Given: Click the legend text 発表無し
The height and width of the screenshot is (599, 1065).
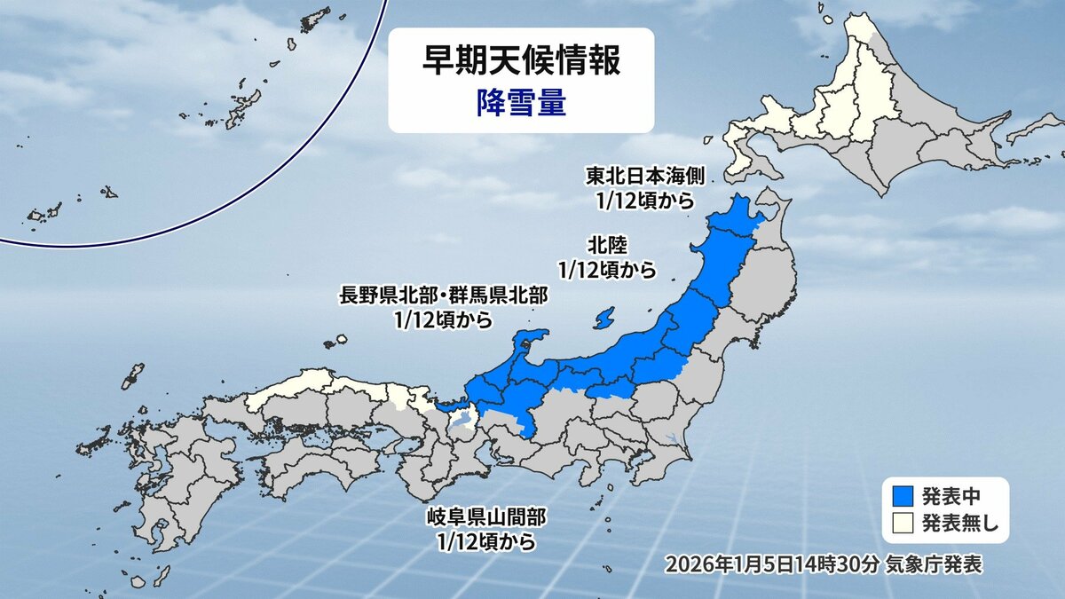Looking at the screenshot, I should [959, 523].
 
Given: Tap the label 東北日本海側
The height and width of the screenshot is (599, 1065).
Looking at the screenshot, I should [644, 175].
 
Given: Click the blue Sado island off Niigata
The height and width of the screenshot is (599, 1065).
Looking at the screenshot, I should [603, 317].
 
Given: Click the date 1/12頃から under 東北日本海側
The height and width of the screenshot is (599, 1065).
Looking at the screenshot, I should [644, 201].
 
